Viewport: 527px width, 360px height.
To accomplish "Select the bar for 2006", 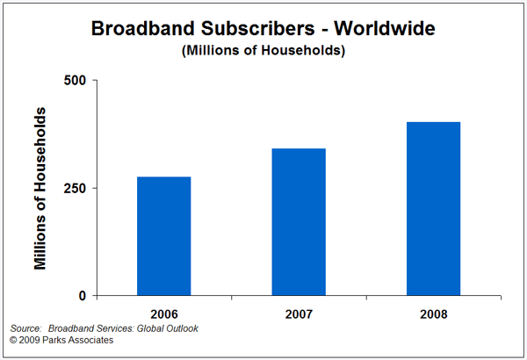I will [x=163, y=236].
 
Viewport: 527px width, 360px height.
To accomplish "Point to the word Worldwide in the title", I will [x=387, y=28].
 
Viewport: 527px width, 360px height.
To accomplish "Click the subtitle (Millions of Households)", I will [x=263, y=50].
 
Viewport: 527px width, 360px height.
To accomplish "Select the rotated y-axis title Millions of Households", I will [x=40, y=188].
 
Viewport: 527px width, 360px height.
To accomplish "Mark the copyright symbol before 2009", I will [x=13, y=339].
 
